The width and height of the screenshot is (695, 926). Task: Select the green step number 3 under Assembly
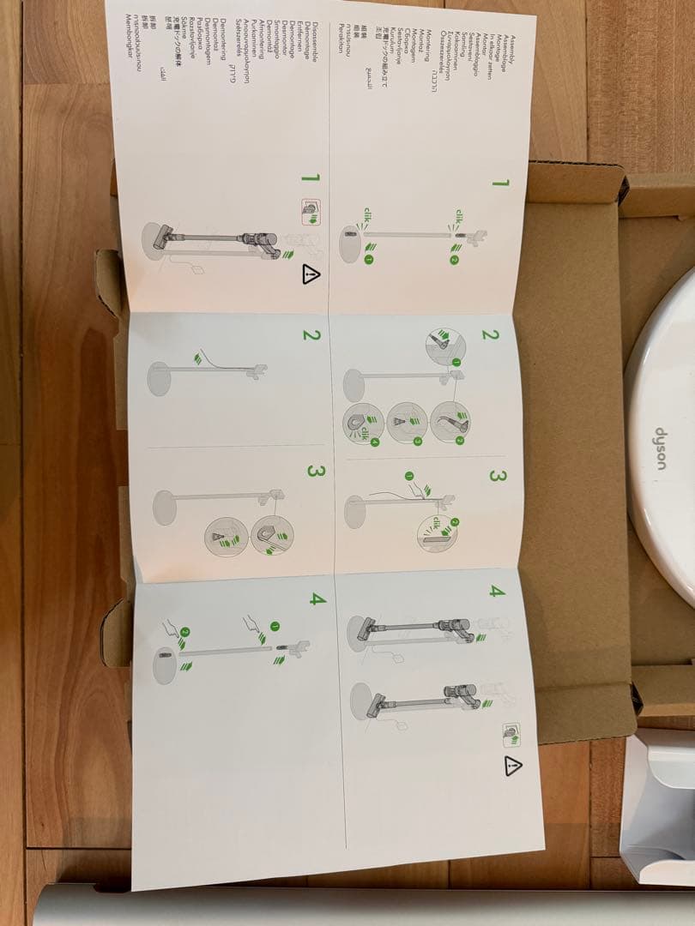(x=495, y=475)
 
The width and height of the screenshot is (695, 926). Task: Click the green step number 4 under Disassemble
(x=317, y=598)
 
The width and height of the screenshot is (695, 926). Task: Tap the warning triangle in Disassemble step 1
(x=311, y=274)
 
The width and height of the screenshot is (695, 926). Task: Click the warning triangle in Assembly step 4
(x=513, y=766)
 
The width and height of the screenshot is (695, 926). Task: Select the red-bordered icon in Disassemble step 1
(x=309, y=208)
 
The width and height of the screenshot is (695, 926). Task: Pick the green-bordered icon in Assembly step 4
(x=511, y=733)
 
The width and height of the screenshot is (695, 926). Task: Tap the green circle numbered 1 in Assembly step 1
(x=369, y=259)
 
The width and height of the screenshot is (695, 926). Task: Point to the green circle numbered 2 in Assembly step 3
(x=455, y=522)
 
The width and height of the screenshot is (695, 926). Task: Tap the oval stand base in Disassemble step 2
(x=160, y=378)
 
